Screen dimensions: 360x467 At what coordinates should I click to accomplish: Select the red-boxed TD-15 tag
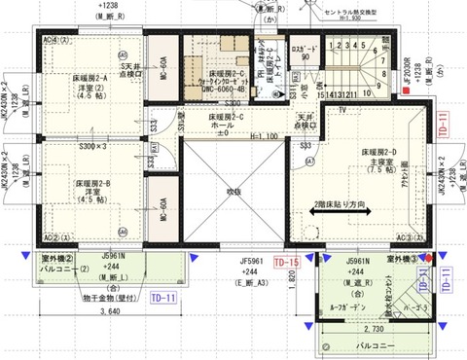[x=286, y=263]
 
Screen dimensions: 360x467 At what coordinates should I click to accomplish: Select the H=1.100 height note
[x=269, y=136]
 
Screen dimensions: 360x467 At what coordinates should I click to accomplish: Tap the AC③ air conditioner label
[x=409, y=236]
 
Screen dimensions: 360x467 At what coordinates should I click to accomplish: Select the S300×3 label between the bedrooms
[x=94, y=145]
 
